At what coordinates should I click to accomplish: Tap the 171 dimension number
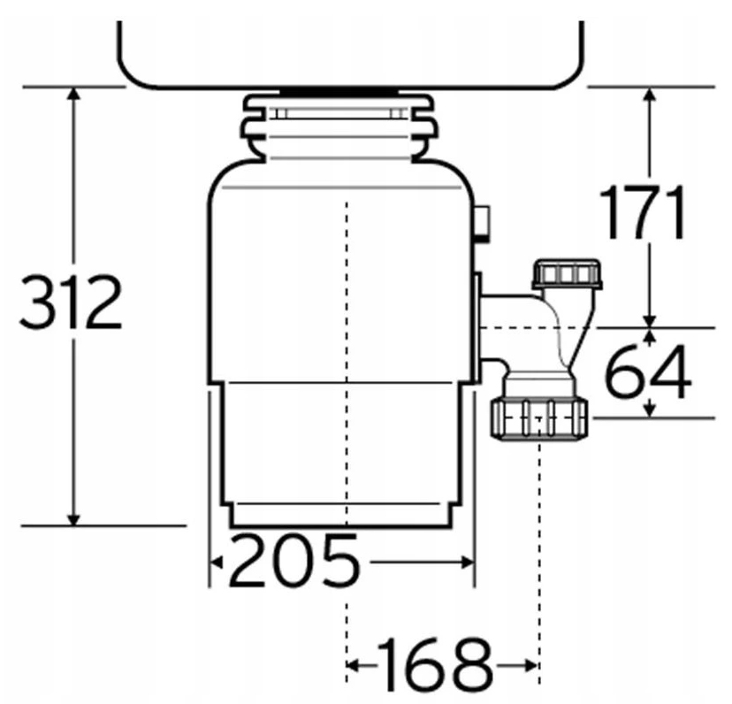[643, 214]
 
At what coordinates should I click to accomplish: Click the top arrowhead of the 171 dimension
[651, 95]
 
